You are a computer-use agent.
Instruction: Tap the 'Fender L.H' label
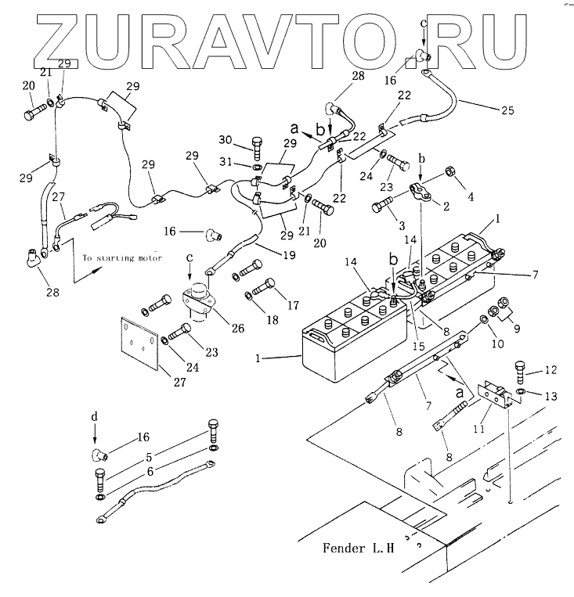[x=356, y=548]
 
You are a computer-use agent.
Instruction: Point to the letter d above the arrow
[x=95, y=417]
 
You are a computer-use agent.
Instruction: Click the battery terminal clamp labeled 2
[x=423, y=192]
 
